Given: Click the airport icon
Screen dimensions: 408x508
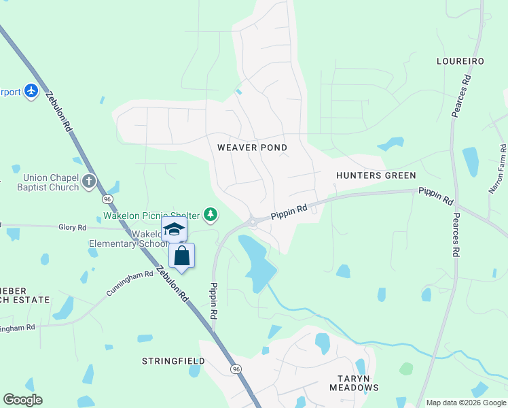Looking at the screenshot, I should (31, 90).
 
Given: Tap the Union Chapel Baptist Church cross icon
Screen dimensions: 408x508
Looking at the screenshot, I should (90, 181).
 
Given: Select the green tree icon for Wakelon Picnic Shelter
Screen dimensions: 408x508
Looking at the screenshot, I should (211, 216).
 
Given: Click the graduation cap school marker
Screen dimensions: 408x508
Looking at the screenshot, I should (174, 229).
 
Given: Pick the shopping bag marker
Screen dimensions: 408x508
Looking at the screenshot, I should (181, 256).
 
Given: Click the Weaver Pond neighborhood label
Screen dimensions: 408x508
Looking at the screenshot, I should (252, 148).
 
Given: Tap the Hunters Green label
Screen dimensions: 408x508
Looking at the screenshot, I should (376, 175).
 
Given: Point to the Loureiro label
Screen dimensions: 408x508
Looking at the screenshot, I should (460, 61).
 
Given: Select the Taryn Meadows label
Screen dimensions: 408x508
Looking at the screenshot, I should (354, 383).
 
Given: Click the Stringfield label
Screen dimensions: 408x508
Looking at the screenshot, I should (173, 361).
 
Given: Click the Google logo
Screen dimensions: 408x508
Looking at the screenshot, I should (23, 400).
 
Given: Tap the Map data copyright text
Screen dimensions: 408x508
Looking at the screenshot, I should (465, 403).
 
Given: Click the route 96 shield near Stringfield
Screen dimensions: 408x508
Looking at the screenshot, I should (236, 369).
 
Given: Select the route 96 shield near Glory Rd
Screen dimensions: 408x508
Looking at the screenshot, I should (107, 199).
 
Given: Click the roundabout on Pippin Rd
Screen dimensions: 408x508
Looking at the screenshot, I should (252, 221).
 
